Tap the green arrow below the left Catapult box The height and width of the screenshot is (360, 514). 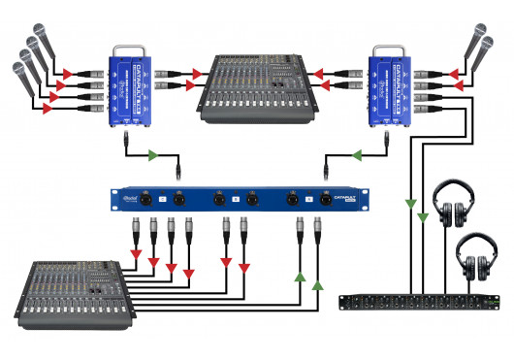tap(152, 154)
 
